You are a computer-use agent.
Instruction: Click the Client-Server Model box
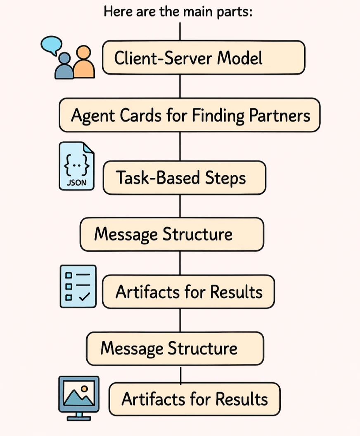pyautogui.click(x=203, y=58)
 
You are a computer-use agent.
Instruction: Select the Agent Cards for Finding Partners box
pyautogui.click(x=189, y=115)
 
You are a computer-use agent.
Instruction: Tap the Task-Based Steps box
pyautogui.click(x=184, y=178)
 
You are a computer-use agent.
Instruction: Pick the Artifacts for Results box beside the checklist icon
pyautogui.click(x=188, y=292)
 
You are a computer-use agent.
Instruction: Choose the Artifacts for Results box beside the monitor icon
pyautogui.click(x=194, y=399)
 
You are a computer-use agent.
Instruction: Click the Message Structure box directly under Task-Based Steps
pyautogui.click(x=172, y=234)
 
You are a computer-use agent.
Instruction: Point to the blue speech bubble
pyautogui.click(x=52, y=44)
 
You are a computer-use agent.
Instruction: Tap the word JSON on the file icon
pyautogui.click(x=77, y=182)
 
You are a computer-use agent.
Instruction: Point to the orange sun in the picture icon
pyautogui.click(x=84, y=389)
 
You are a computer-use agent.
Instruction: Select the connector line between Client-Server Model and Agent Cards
pyautogui.click(x=180, y=86)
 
